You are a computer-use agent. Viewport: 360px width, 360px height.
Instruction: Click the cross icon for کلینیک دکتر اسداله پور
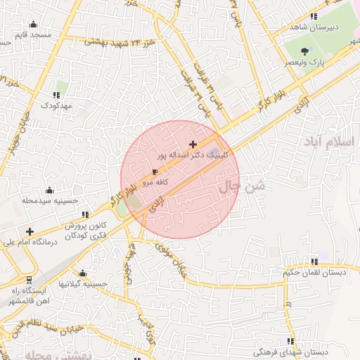[x=193, y=144]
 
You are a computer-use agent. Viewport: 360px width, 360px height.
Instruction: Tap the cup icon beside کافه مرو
[x=155, y=172]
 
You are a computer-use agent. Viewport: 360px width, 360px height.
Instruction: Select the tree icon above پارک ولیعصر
[x=304, y=51]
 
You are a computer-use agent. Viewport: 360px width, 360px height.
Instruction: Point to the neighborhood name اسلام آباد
[x=329, y=143]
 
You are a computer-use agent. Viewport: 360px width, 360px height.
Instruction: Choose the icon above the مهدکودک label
[x=56, y=95]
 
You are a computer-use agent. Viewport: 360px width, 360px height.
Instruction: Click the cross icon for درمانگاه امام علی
[x=30, y=231]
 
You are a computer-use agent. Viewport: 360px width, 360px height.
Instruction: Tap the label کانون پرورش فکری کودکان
[x=86, y=231]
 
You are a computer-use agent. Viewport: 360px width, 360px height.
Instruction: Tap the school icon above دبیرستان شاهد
[x=314, y=16]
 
